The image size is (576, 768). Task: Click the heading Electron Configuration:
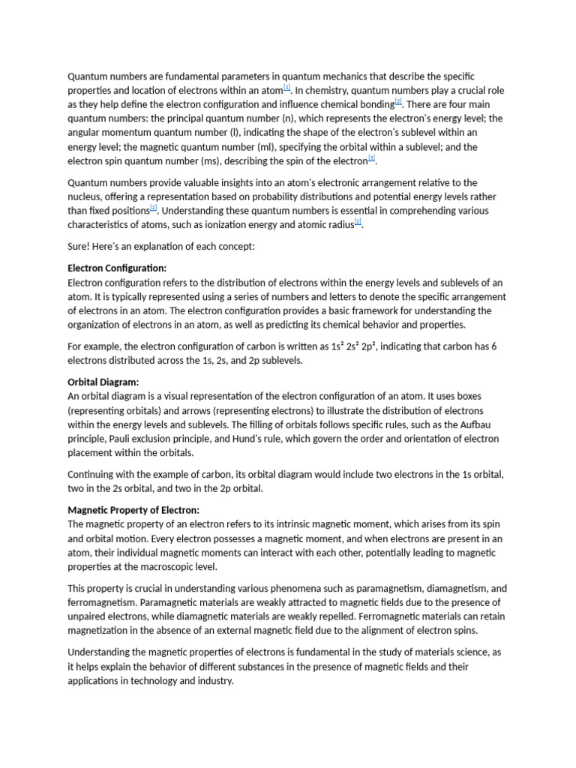tap(117, 268)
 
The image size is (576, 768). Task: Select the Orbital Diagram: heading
tap(103, 382)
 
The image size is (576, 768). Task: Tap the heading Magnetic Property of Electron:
tap(133, 510)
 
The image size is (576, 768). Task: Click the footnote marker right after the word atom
tap(286, 88)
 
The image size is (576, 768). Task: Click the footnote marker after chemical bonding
tap(398, 103)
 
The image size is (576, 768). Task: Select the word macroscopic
tap(163, 567)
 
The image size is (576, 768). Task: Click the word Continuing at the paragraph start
tap(93, 475)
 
